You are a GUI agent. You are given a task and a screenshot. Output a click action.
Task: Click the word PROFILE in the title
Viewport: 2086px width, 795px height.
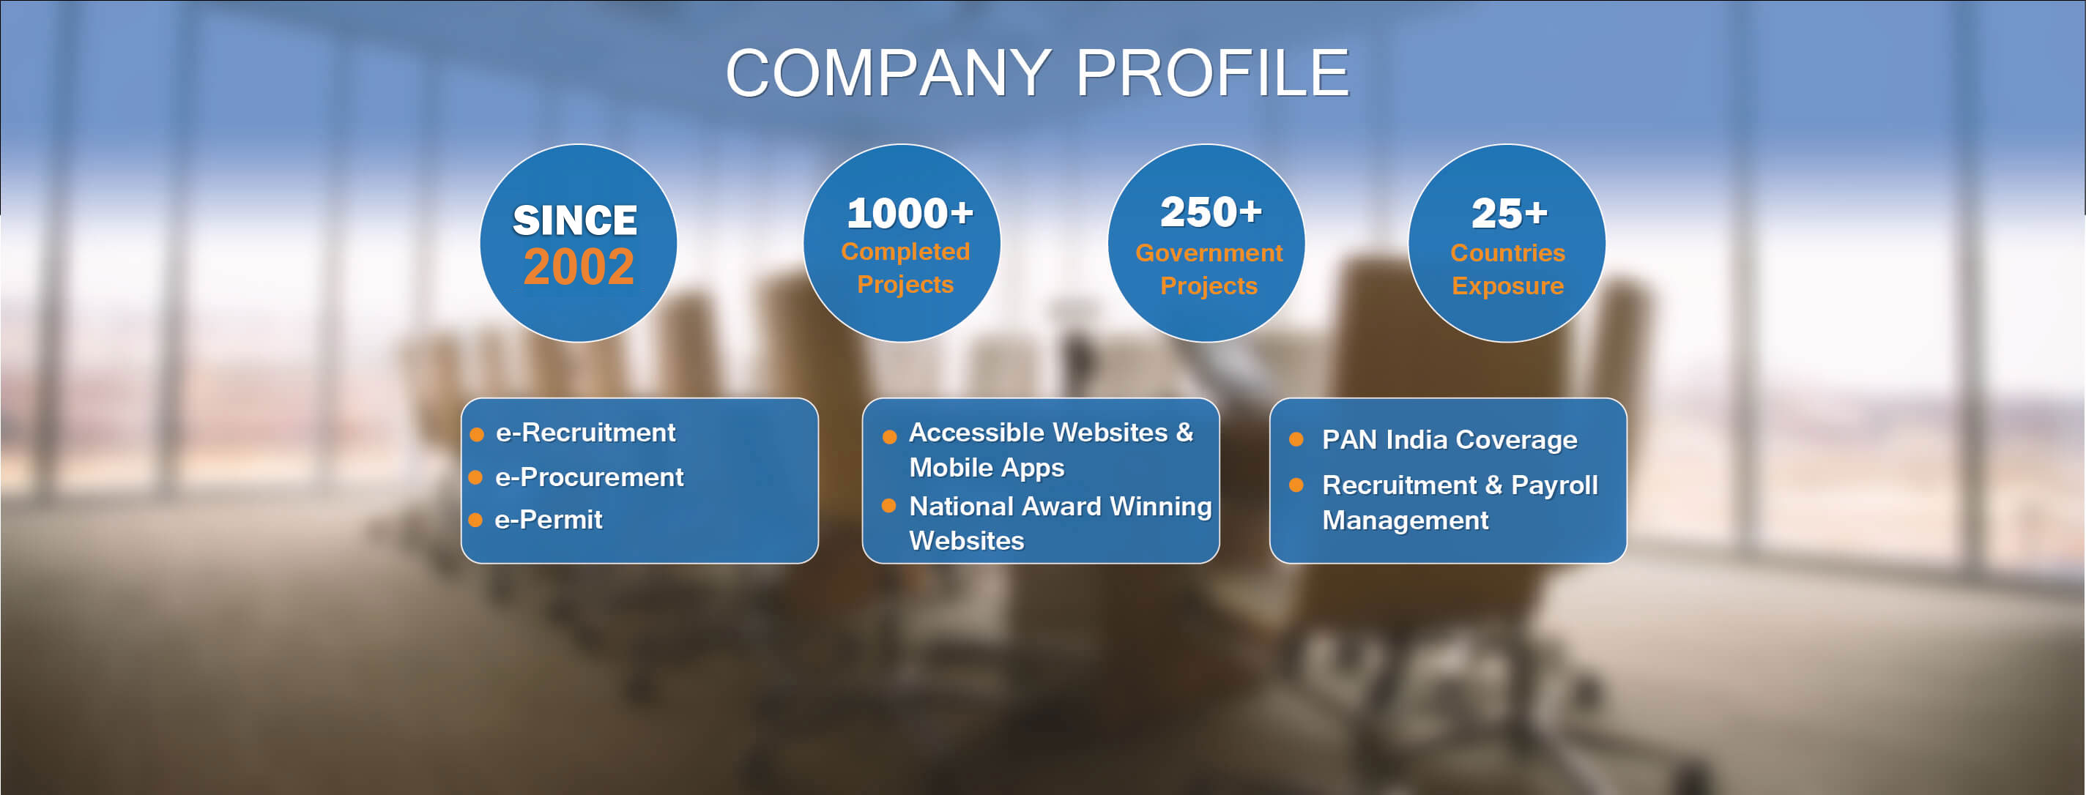1212,73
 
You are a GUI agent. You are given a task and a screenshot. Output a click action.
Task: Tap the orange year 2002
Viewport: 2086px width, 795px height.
578,266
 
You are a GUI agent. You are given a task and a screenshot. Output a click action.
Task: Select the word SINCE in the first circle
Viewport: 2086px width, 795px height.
575,220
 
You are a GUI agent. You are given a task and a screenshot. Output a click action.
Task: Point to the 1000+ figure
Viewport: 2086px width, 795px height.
910,214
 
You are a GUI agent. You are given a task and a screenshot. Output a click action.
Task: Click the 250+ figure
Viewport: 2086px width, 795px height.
1211,212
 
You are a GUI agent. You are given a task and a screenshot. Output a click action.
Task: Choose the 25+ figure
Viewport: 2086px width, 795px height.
1509,214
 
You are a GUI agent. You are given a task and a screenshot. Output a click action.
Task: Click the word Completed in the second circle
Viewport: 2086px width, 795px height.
905,252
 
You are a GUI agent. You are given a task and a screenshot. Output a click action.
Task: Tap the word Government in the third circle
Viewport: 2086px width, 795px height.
1209,253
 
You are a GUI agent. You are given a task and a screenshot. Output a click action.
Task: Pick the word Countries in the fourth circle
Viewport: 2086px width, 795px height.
1507,253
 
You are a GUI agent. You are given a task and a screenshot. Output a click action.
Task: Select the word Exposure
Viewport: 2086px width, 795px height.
1507,285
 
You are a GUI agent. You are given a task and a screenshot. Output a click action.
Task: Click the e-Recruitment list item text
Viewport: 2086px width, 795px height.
585,433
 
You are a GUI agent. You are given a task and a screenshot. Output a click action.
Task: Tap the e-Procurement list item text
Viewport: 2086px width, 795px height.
590,477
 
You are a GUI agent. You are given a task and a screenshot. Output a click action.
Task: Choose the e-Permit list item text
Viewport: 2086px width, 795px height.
548,520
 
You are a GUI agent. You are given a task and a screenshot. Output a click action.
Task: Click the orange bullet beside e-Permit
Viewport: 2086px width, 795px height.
476,520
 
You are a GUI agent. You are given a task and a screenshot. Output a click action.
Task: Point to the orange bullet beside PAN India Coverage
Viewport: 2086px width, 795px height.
1296,440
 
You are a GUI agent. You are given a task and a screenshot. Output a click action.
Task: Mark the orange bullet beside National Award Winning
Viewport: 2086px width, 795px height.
889,506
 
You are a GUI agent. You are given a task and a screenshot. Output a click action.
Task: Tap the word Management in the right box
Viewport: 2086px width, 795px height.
1405,520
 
